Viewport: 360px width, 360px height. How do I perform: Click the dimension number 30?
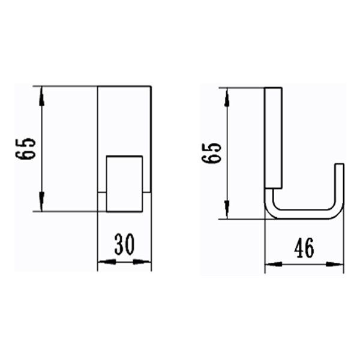coord(124,245)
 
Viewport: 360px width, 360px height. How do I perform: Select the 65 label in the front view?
coord(28,149)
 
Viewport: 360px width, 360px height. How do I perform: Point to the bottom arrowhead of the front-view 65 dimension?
coord(41,204)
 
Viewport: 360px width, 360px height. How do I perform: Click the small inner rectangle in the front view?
coord(125,184)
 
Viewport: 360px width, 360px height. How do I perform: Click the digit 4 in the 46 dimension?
coord(298,247)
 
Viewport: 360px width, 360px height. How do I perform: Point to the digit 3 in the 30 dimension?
coord(118,245)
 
